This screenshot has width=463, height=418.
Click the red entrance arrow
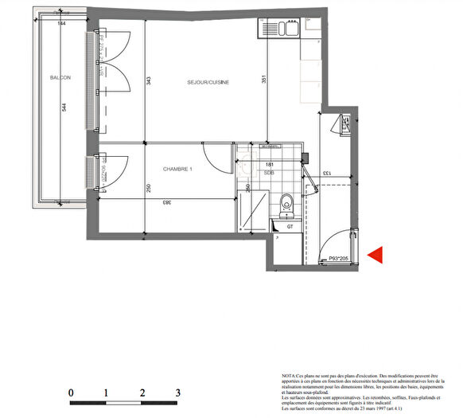375,255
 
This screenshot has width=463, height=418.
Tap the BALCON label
60,77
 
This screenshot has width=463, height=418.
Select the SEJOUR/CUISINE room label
208,82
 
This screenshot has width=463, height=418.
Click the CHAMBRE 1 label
178,169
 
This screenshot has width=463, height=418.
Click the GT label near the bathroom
291,226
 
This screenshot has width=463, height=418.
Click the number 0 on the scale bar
71,393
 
